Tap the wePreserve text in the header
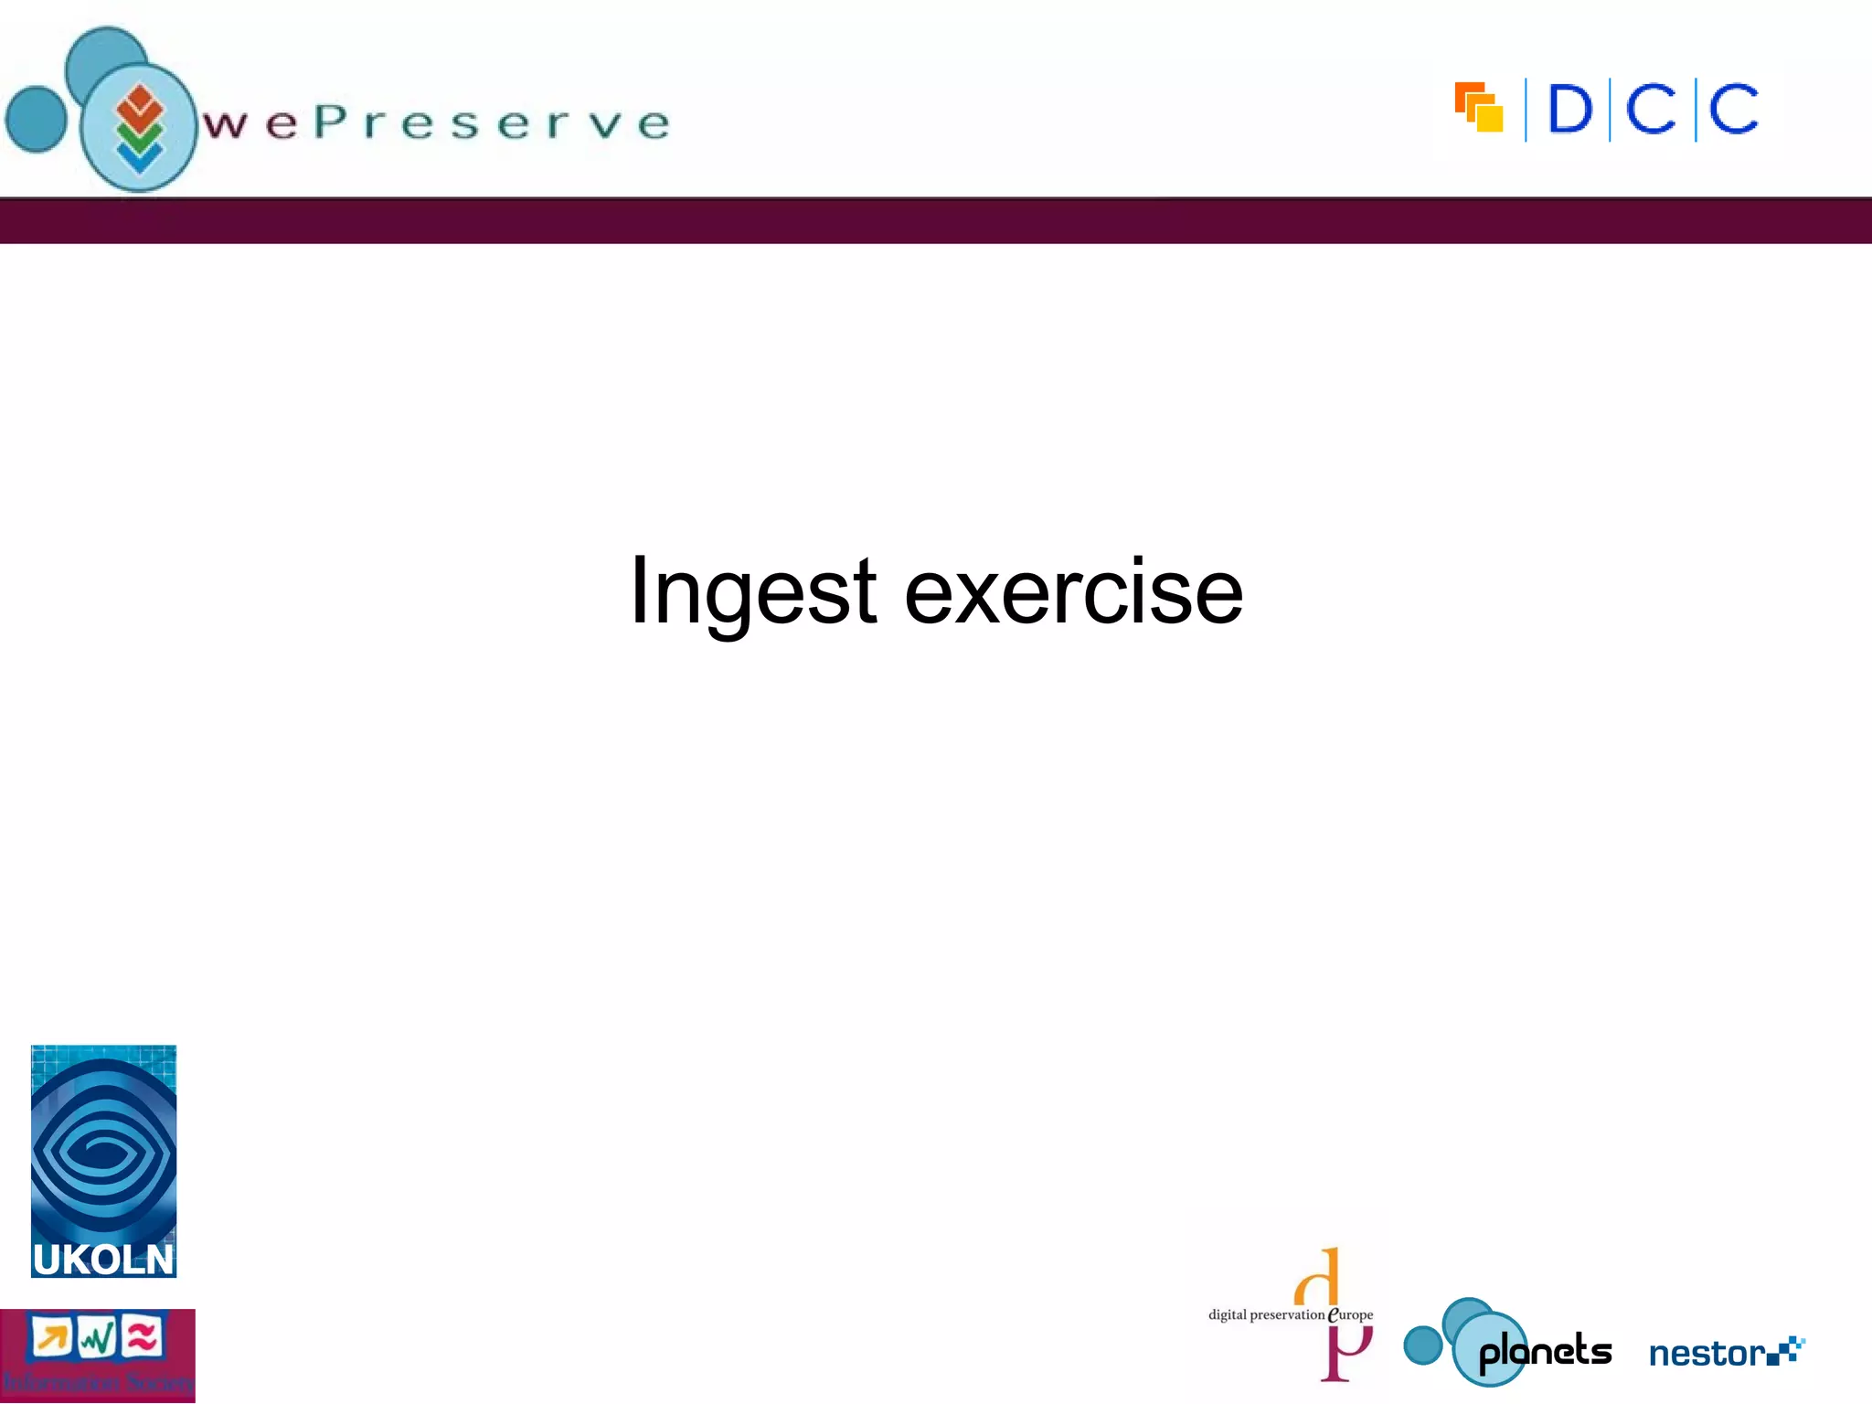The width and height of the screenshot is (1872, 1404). click(x=437, y=122)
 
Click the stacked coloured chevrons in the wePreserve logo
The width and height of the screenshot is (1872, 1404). click(x=139, y=128)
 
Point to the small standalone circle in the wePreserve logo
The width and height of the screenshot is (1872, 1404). click(x=37, y=119)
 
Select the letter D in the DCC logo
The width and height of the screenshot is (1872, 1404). click(x=1569, y=110)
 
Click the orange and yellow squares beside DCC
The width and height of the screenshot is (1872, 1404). click(x=1479, y=108)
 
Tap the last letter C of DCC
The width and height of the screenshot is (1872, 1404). click(x=1733, y=110)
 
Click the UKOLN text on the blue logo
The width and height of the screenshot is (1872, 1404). click(x=102, y=1260)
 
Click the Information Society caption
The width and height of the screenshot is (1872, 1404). click(x=97, y=1381)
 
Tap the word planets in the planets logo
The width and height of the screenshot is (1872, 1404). click(x=1545, y=1352)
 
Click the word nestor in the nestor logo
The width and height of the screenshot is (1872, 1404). click(x=1707, y=1354)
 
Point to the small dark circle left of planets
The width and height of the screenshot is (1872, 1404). click(x=1422, y=1345)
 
